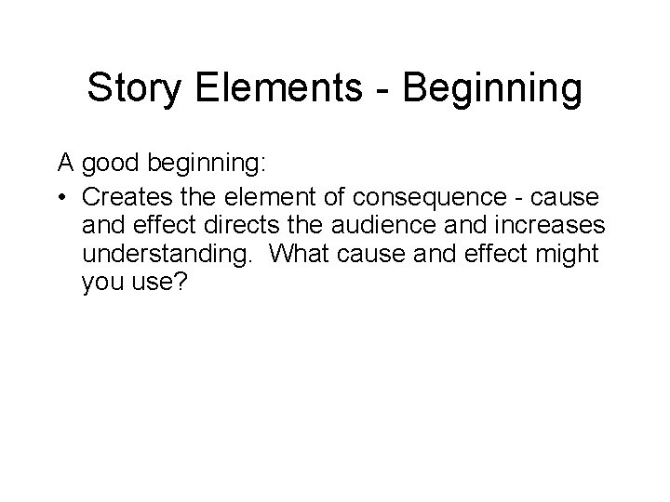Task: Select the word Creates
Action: point(125,197)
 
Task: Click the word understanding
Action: point(165,254)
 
